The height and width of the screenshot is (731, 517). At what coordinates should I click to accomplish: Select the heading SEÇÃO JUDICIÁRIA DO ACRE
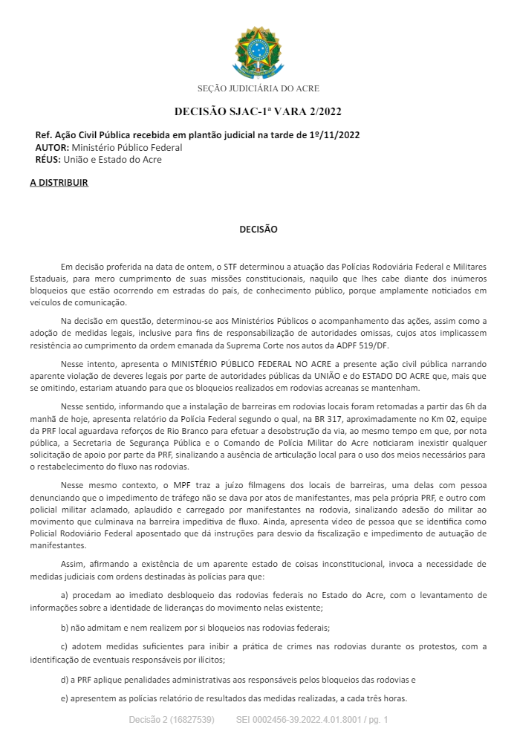point(258,88)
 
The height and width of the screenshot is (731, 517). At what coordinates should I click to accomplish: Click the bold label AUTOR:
point(52,147)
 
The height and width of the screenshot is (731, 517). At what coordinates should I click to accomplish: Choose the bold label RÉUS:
point(48,159)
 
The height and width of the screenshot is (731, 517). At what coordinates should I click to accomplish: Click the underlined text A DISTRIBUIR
point(59,182)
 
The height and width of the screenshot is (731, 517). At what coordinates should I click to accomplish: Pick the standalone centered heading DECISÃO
point(258,230)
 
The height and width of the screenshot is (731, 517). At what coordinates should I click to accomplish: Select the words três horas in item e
point(383,698)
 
